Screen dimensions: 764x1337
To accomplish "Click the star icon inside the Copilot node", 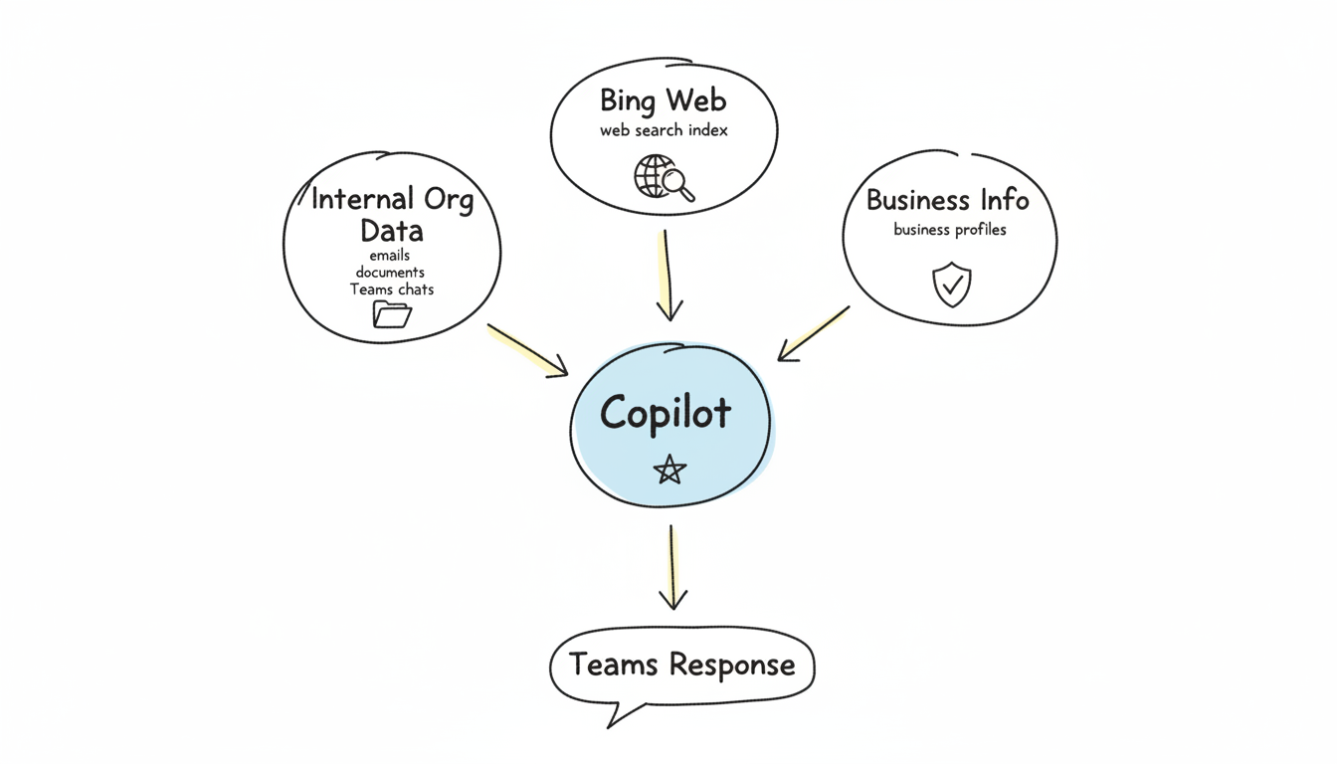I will [x=669, y=469].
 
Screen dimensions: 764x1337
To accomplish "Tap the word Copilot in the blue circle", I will [x=666, y=413].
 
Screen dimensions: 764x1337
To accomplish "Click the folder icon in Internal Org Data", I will [x=392, y=314].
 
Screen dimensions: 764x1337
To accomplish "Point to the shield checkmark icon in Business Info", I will [x=950, y=286].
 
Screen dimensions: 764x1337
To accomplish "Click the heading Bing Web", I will [x=664, y=100].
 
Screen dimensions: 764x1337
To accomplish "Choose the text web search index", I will [x=664, y=130].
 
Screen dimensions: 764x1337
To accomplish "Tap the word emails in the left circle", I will [x=389, y=256].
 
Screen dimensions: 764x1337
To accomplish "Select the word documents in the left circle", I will [x=390, y=273].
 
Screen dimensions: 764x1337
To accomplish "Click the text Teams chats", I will [x=392, y=289].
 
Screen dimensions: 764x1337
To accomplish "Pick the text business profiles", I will [x=949, y=230].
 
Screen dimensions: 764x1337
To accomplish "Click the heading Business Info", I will [x=947, y=200].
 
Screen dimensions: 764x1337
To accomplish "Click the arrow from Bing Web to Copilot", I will [x=668, y=275].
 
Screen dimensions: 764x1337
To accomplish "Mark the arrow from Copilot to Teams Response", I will [x=672, y=567].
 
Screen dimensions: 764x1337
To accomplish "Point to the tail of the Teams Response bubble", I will [x=617, y=716].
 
